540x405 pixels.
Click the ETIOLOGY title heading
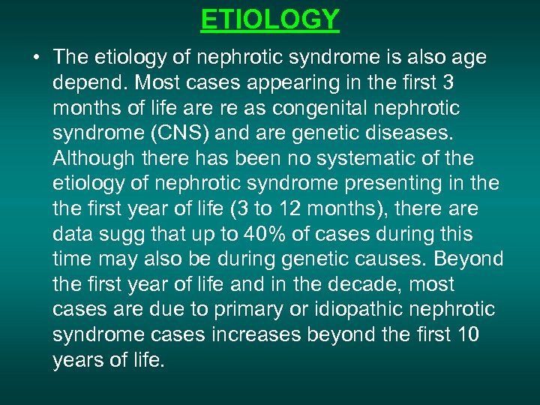pyautogui.click(x=270, y=19)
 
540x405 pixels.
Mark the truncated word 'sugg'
pyautogui.click(x=133, y=235)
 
